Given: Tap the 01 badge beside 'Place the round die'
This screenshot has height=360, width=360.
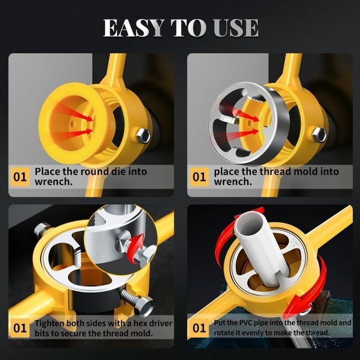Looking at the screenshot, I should coord(20,176).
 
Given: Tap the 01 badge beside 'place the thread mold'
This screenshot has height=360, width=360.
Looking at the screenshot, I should coord(200,176).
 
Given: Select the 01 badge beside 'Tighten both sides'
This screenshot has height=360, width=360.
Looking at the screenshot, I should coord(20,328).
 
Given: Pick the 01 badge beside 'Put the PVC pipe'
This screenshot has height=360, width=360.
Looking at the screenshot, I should coord(200,328).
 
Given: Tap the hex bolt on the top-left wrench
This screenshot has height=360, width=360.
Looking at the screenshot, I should coord(143,136).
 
